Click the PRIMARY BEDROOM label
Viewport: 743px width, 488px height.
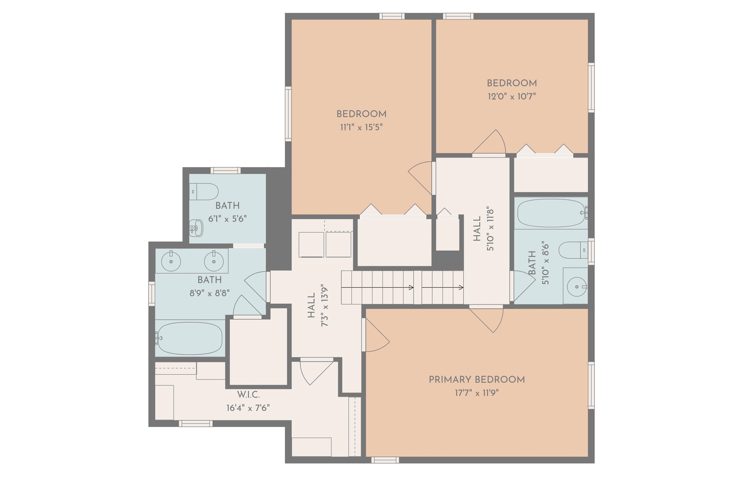[x=476, y=380]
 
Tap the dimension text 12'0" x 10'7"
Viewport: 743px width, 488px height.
[x=512, y=96]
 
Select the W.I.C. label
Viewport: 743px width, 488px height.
[x=248, y=395]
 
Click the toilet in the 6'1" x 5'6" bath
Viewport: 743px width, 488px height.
[x=204, y=191]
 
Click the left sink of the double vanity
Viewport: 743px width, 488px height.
[x=171, y=261]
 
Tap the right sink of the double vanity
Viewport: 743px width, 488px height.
[x=214, y=261]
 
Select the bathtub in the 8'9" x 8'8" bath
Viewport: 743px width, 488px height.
[x=190, y=338]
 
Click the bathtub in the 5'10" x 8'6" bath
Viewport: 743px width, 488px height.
[x=551, y=213]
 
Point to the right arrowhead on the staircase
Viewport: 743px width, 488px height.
[x=461, y=287]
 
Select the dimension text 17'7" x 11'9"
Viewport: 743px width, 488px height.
[x=476, y=393]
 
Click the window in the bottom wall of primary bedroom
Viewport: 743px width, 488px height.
[x=385, y=460]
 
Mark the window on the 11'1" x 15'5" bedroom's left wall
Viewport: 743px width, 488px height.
[x=288, y=114]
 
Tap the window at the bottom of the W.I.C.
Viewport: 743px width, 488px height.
[x=195, y=423]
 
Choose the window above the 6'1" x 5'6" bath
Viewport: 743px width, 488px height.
[x=225, y=171]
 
